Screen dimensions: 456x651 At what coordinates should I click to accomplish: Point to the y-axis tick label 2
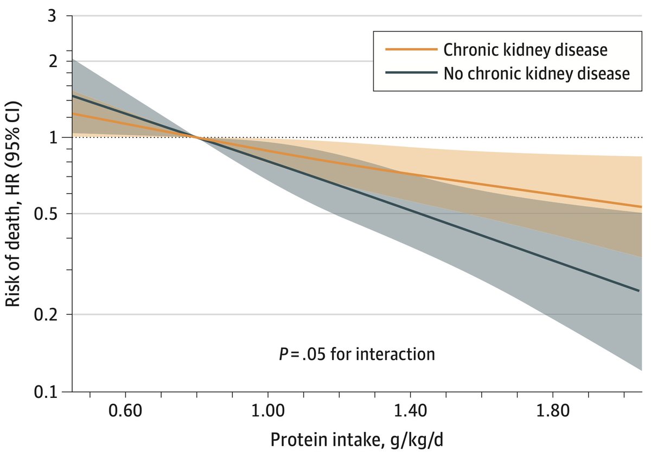53,61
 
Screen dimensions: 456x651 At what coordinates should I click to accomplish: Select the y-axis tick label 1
53,137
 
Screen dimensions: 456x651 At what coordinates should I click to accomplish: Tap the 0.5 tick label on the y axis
47,214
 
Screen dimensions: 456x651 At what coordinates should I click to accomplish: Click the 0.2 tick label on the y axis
47,315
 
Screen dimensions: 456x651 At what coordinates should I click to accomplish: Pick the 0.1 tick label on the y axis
47,391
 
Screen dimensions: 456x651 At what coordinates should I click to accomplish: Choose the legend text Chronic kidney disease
525,49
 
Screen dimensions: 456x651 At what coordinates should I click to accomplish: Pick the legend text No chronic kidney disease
537,73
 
